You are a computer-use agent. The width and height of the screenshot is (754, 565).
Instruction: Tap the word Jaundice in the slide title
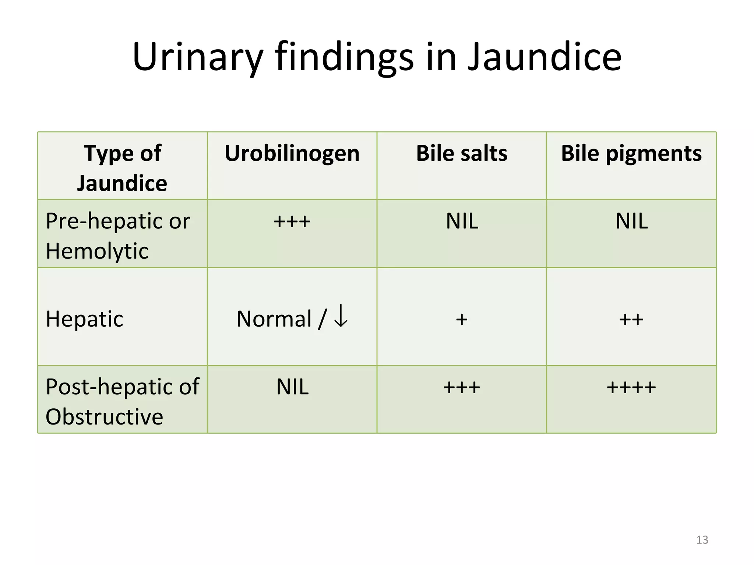pyautogui.click(x=545, y=57)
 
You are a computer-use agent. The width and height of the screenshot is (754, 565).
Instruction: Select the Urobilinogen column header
pyautogui.click(x=292, y=153)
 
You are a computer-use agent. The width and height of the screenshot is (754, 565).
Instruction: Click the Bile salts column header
pyautogui.click(x=462, y=153)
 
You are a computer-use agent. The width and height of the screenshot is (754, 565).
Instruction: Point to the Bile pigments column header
pyautogui.click(x=631, y=153)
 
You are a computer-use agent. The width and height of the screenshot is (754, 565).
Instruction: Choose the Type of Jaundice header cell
pyautogui.click(x=122, y=168)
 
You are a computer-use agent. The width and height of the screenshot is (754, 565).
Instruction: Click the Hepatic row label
pyautogui.click(x=85, y=319)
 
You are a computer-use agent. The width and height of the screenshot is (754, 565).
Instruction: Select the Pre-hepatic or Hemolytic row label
pyautogui.click(x=118, y=236)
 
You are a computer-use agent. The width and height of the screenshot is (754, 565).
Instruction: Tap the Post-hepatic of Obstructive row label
pyautogui.click(x=122, y=401)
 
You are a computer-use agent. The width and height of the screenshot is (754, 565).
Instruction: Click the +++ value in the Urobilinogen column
pyautogui.click(x=292, y=222)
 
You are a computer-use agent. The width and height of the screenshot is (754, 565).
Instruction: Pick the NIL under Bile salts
pyautogui.click(x=462, y=221)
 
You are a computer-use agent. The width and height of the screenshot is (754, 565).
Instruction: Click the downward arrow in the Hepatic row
pyautogui.click(x=341, y=316)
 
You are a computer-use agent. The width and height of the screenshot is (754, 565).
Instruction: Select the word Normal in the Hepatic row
pyautogui.click(x=274, y=319)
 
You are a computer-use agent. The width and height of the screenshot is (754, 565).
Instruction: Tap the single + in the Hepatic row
pyautogui.click(x=462, y=319)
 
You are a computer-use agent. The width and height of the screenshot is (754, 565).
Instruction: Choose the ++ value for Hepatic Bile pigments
pyautogui.click(x=631, y=319)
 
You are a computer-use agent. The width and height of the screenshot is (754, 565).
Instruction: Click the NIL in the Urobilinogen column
pyautogui.click(x=292, y=387)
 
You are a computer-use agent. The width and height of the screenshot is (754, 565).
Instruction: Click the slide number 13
pyautogui.click(x=702, y=540)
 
